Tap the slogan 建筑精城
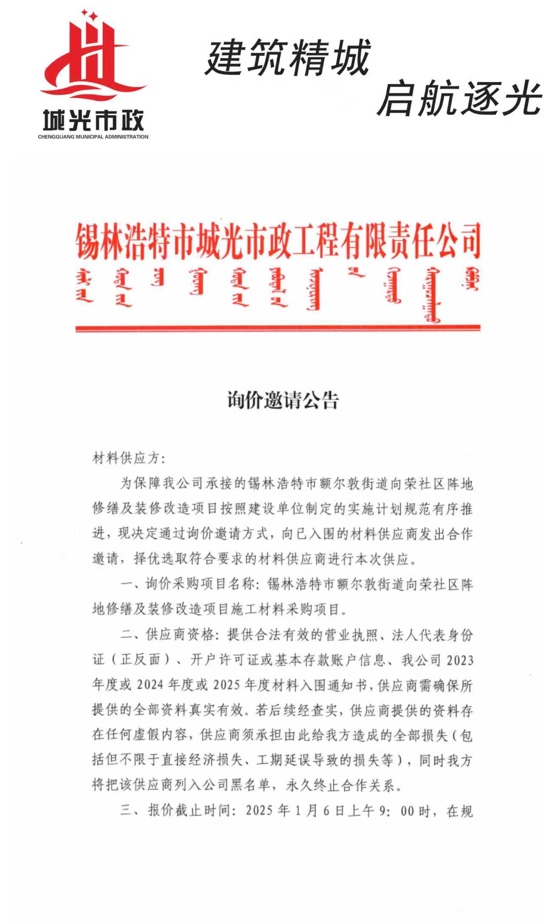click(x=288, y=57)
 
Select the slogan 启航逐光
click(x=459, y=99)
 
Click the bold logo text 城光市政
click(x=93, y=120)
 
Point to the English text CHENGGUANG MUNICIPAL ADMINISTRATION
click(x=93, y=137)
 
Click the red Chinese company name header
click(x=278, y=241)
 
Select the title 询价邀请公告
click(x=283, y=400)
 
